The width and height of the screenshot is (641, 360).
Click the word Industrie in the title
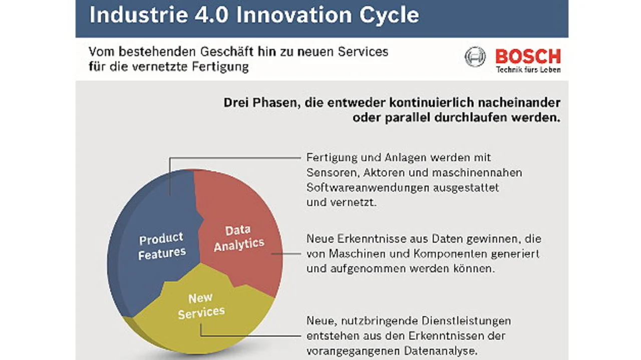(139, 15)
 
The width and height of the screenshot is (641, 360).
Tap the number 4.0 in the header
(211, 15)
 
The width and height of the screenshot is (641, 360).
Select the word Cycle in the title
(389, 16)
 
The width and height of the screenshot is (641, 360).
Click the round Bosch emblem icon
(475, 57)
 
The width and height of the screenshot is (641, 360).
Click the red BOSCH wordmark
(528, 57)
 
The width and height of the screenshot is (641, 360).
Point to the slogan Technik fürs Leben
(528, 70)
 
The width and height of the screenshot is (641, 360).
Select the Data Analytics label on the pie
(239, 238)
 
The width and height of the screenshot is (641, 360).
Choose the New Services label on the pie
(201, 305)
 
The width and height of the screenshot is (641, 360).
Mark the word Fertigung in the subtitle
(220, 67)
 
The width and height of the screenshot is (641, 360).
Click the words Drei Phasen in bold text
(262, 103)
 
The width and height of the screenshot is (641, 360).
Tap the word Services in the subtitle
(363, 52)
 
